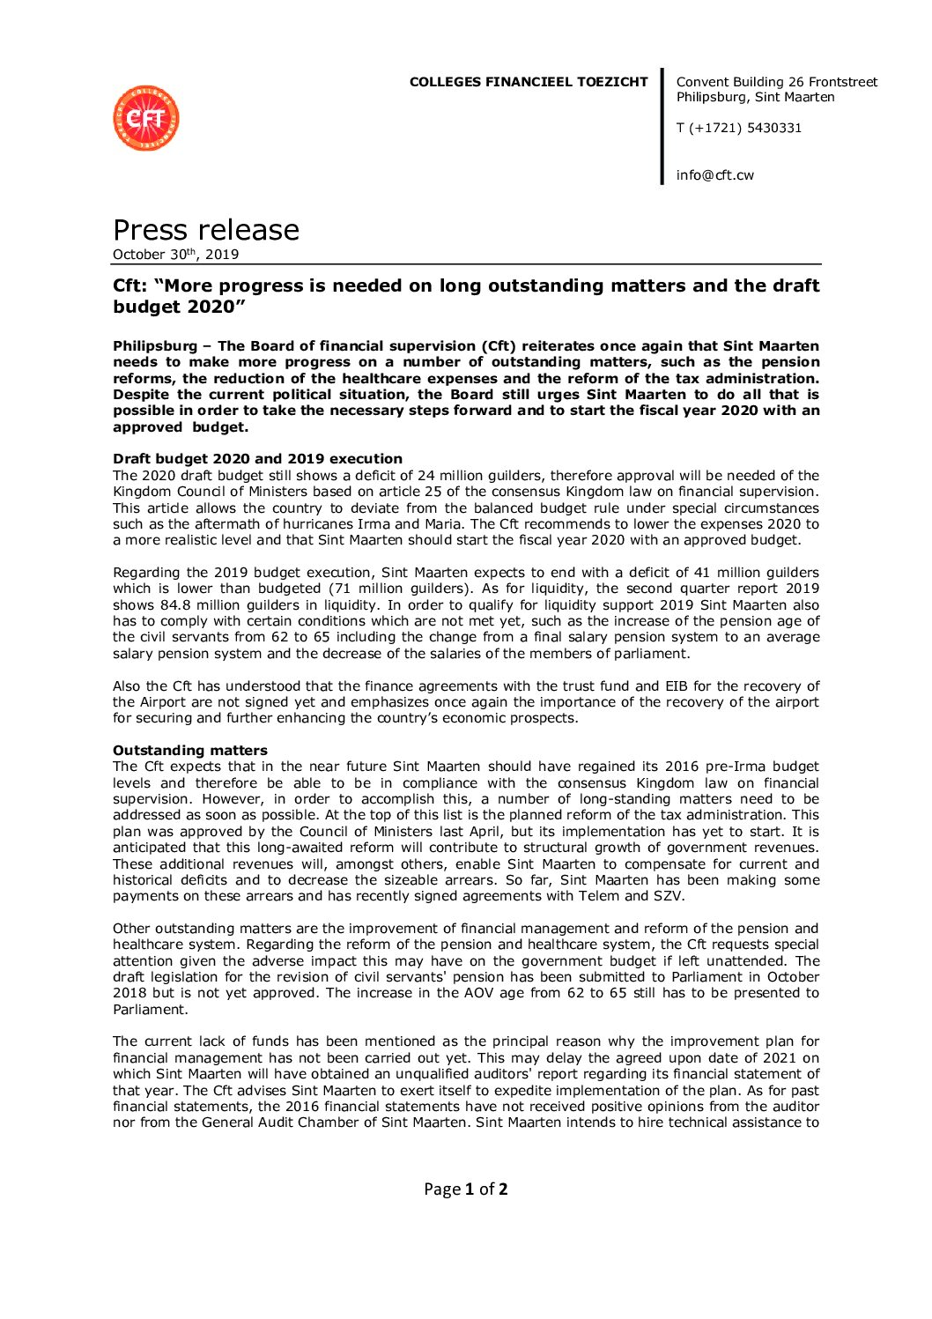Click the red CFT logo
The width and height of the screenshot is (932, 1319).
146,118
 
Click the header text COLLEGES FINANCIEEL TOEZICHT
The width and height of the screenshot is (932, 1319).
528,82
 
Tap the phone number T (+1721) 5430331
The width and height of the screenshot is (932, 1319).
738,128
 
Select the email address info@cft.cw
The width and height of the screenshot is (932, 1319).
714,174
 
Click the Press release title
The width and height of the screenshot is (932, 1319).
206,230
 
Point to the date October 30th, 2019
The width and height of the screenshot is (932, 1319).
175,255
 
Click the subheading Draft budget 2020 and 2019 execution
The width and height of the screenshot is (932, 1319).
257,459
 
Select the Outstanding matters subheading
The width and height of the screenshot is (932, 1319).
190,751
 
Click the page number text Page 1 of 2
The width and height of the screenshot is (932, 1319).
465,1189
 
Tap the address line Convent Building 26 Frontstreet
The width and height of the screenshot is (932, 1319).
776,82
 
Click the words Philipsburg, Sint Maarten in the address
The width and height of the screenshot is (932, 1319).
755,97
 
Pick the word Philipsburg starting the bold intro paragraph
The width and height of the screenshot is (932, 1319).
155,346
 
